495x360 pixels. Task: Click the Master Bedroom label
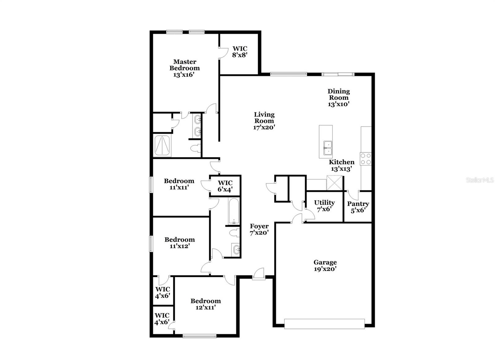point(184,68)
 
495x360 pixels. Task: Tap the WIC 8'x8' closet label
point(240,52)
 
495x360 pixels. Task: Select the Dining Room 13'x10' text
point(338,98)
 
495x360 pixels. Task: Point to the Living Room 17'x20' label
point(264,121)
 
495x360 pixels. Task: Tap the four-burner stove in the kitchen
point(366,158)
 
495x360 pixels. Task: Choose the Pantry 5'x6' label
point(358,207)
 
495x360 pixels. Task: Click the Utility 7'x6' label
point(324,206)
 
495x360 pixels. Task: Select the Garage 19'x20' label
point(325,266)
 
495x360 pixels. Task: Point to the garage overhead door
point(324,324)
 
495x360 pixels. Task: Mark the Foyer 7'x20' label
point(259,229)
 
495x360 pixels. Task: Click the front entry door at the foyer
point(258,275)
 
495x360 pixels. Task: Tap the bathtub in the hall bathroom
point(234,211)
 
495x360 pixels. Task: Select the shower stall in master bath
point(162,145)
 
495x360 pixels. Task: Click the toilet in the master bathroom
point(195,149)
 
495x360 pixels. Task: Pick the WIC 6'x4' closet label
point(225,186)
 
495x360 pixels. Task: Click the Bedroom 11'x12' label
point(179,243)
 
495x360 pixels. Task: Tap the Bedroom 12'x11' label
point(205,304)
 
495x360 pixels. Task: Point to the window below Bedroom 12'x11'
point(199,336)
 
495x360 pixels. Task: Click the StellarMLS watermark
point(480,180)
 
